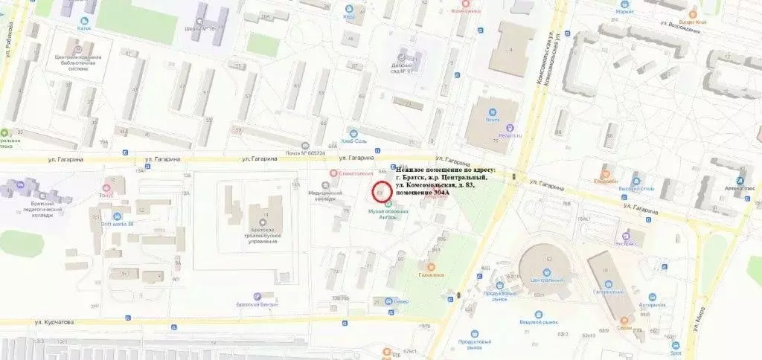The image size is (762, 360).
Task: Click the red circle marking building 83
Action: coord(382,192)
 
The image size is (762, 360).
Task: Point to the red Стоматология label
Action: coord(350,173)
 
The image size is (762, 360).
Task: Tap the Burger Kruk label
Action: coord(691,22)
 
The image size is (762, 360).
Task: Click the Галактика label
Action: coord(431,274)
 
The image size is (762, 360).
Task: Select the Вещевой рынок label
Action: coord(540,323)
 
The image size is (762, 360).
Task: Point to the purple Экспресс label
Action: coord(626,242)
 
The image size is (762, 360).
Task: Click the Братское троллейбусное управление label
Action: coord(261,234)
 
